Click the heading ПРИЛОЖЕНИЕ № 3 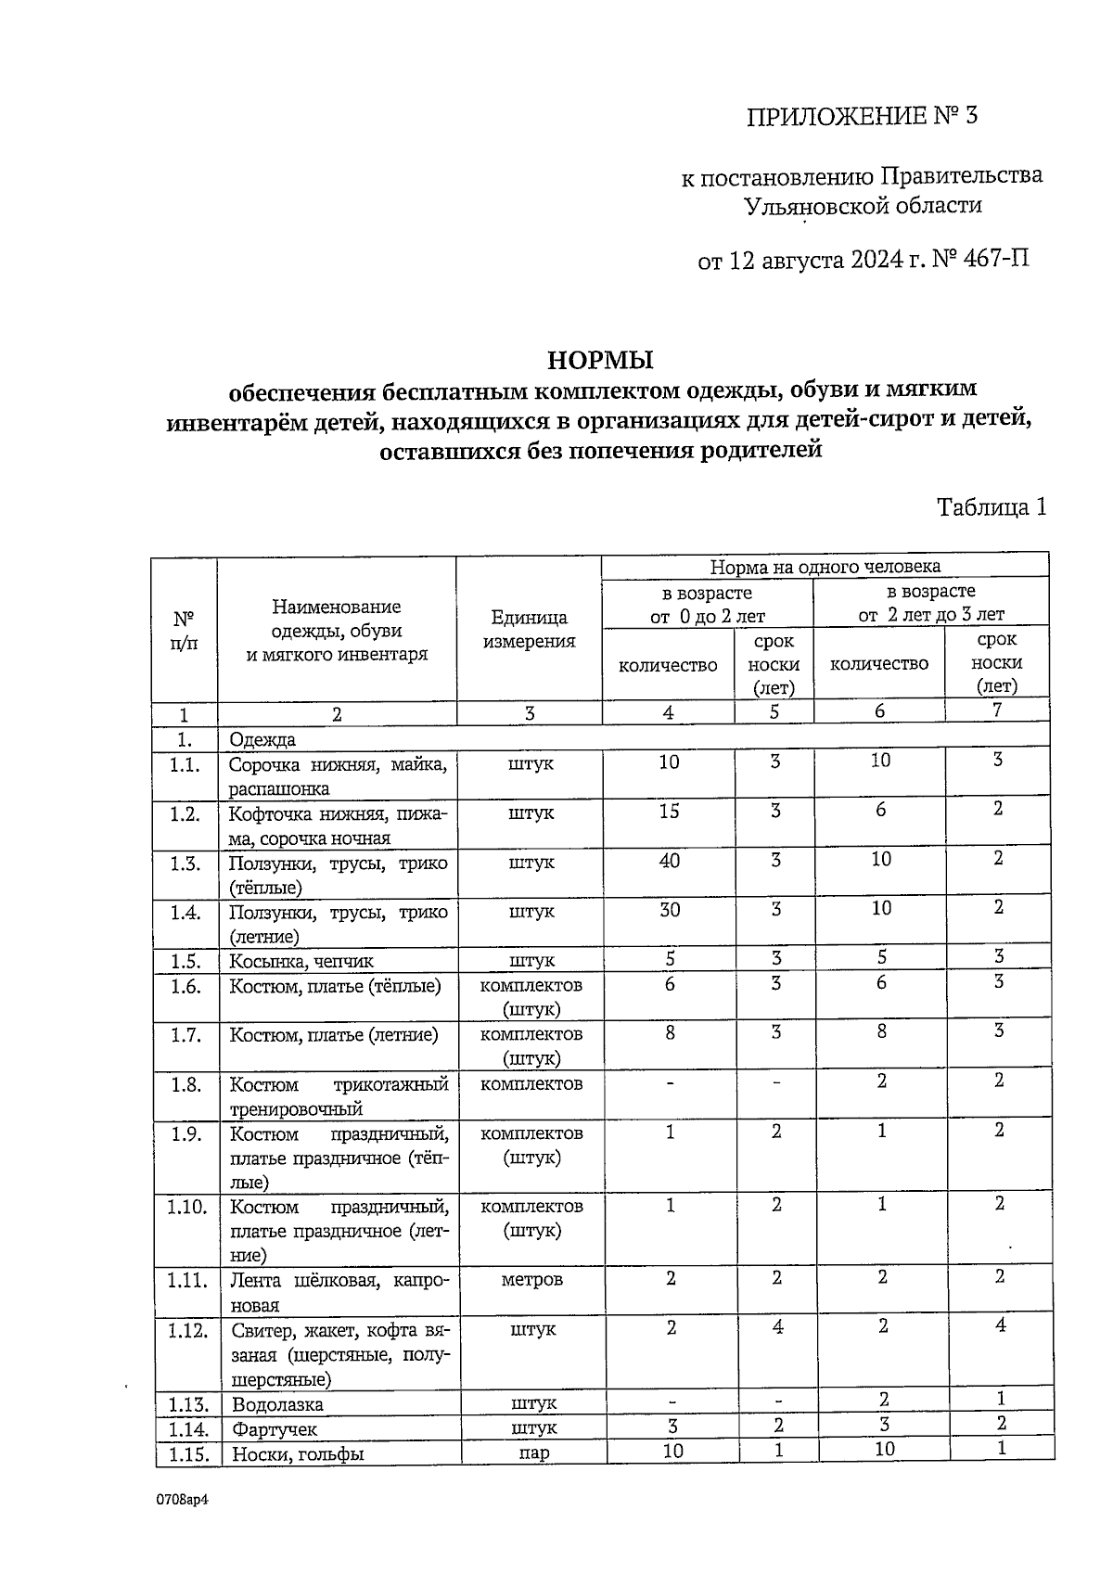[x=862, y=116]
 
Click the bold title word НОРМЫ [x=600, y=359]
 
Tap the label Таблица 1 [x=991, y=507]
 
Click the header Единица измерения [x=529, y=630]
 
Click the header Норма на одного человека [x=825, y=566]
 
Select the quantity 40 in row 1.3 [x=669, y=861]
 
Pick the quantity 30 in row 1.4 [x=669, y=910]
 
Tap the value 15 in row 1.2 [x=669, y=812]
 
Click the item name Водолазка [x=277, y=1404]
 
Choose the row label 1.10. [x=186, y=1207]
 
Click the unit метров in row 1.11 [x=531, y=1280]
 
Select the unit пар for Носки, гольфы [x=534, y=1453]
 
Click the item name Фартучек [x=275, y=1429]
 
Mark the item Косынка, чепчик [x=301, y=961]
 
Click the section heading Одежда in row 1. [x=262, y=739]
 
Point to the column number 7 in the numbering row [x=997, y=710]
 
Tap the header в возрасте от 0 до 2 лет [x=708, y=604]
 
